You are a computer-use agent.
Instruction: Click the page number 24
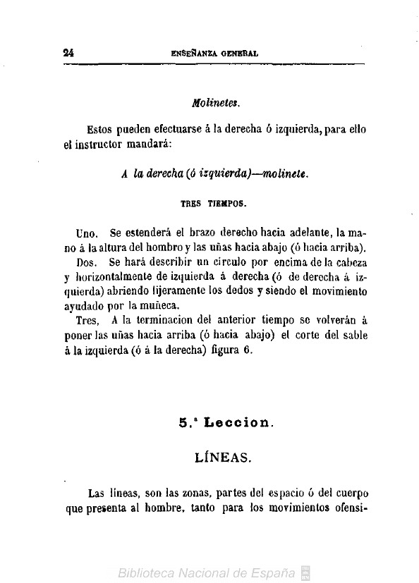click(x=69, y=51)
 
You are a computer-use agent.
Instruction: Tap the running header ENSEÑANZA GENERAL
click(x=214, y=52)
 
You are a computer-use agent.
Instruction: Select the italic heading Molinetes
click(x=217, y=103)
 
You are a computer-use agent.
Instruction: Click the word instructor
click(x=103, y=145)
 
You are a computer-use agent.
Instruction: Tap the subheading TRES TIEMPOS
click(x=213, y=202)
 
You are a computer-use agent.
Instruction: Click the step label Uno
click(x=88, y=233)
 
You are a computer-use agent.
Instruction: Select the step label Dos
click(x=87, y=262)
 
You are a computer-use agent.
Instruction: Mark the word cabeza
click(x=348, y=262)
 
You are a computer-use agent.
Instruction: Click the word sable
click(x=351, y=336)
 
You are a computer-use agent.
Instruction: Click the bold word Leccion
click(x=236, y=424)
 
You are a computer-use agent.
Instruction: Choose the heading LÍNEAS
click(x=221, y=458)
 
